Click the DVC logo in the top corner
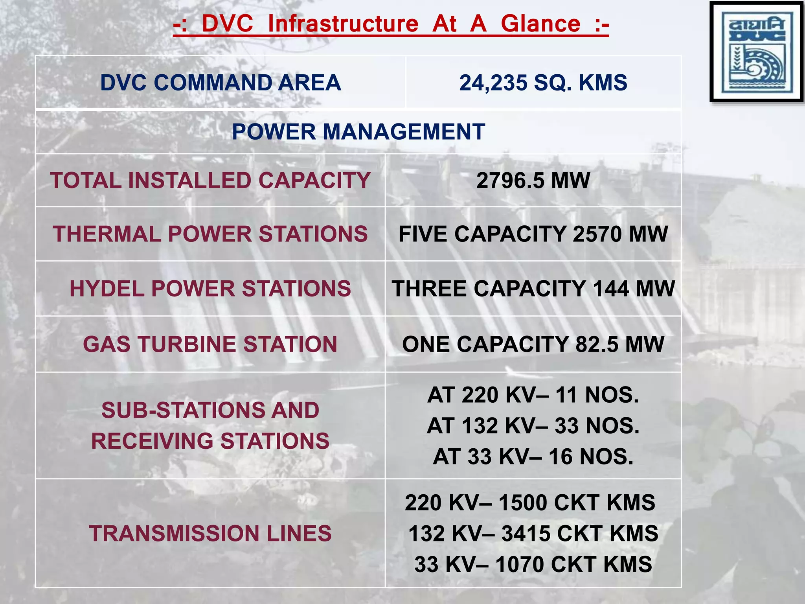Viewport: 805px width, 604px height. pos(756,52)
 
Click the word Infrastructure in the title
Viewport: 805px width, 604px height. pos(343,24)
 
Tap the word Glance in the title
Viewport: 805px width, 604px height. pos(540,24)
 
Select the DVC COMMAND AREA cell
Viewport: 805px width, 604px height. pos(221,83)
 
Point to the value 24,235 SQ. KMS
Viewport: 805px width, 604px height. pos(543,83)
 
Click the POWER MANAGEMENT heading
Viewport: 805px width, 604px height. pos(358,132)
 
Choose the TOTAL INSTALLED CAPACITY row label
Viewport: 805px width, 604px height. pos(210,180)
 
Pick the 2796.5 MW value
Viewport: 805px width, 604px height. pos(533,180)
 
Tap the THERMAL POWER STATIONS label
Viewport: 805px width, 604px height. pos(210,234)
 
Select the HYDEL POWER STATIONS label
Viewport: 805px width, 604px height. pos(210,289)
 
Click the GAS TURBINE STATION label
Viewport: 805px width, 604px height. pos(210,344)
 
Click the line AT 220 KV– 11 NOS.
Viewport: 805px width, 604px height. pos(533,395)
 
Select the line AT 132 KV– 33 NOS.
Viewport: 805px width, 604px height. pos(533,426)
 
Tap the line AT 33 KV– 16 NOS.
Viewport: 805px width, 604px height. pos(533,457)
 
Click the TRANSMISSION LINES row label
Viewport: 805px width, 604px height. pos(210,534)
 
